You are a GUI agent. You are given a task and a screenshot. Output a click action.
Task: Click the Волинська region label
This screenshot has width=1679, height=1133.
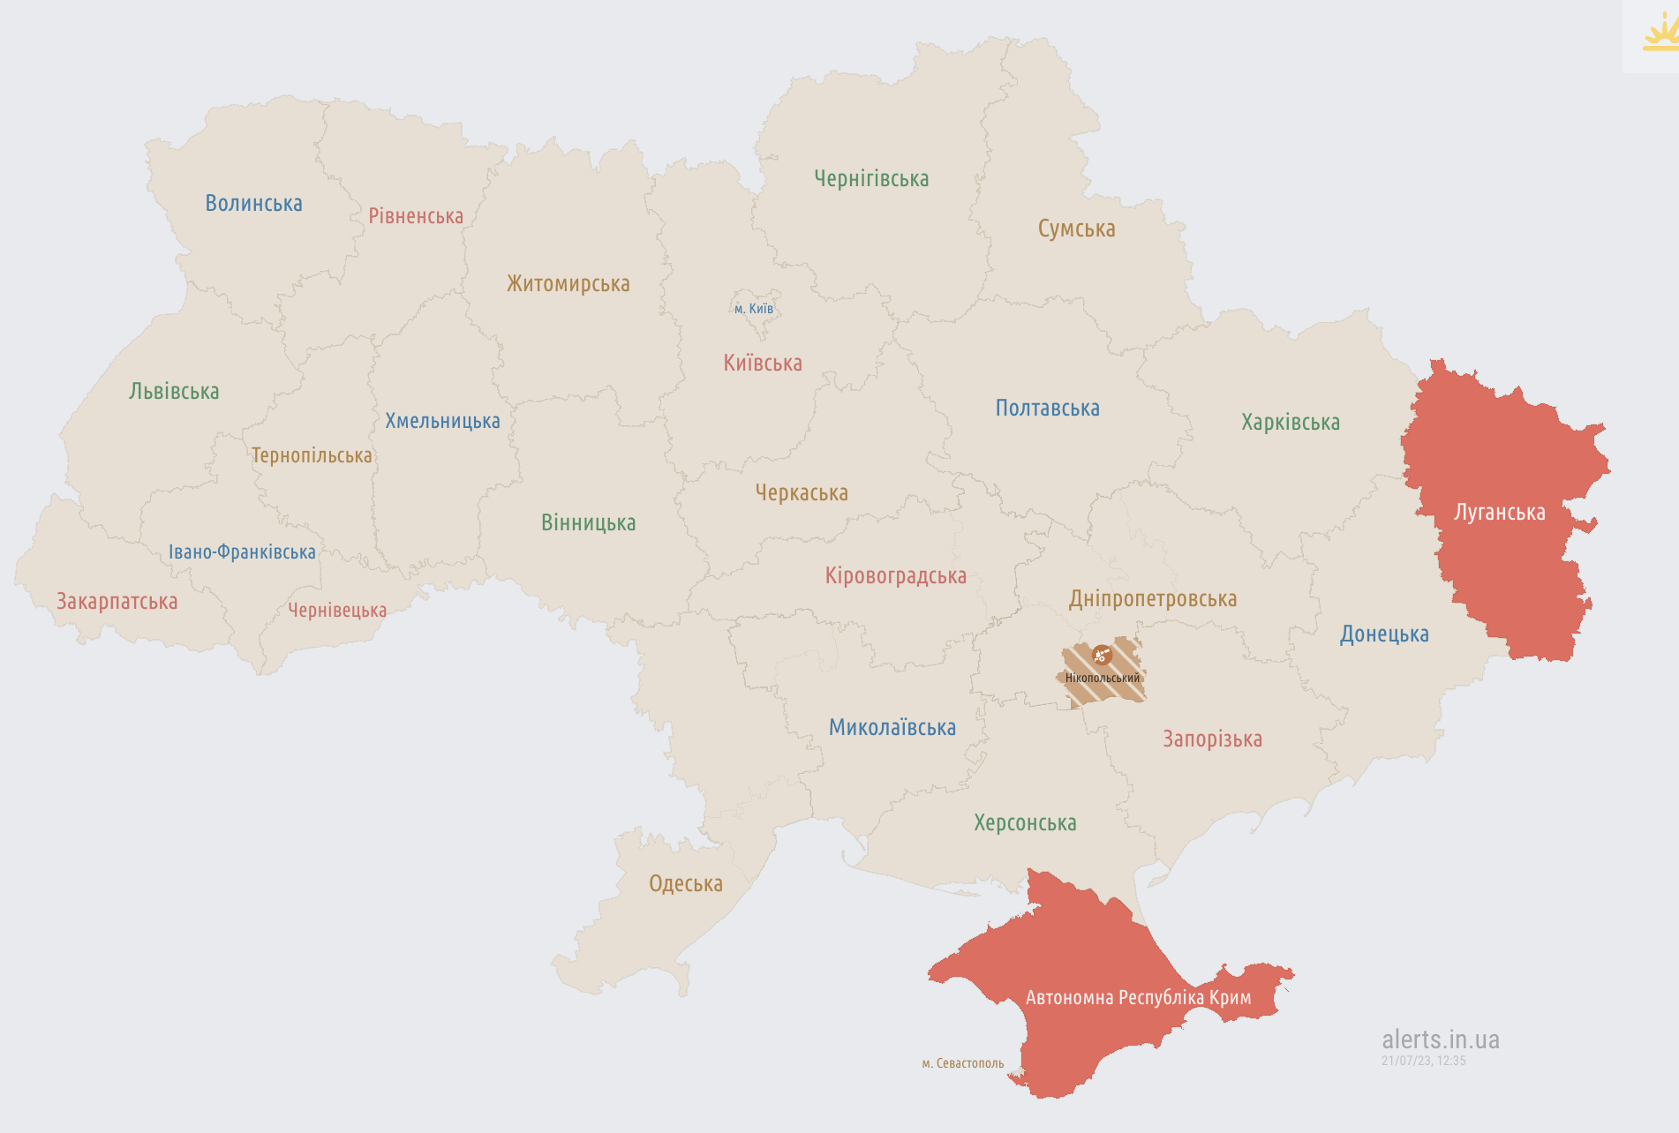[x=253, y=204]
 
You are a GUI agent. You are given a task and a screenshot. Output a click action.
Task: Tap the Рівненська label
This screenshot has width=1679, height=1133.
[x=416, y=216]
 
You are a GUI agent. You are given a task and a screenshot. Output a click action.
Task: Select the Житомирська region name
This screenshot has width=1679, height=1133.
[x=568, y=284]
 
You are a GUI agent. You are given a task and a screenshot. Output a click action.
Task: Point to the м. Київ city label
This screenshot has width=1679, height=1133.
[x=754, y=309]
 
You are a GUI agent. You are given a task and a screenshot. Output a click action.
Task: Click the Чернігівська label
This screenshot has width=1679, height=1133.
[x=871, y=179]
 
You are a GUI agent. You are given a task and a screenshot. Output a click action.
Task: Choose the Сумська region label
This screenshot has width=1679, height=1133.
[x=1076, y=229]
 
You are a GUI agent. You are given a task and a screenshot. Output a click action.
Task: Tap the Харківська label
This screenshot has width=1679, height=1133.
[x=1290, y=423]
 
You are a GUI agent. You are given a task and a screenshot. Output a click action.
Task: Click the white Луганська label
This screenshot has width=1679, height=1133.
[x=1499, y=513]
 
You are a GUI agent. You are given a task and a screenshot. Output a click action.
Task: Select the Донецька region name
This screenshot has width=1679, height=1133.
[x=1383, y=634]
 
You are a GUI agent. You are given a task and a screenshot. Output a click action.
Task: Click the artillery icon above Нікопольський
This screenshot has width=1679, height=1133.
[x=1101, y=655]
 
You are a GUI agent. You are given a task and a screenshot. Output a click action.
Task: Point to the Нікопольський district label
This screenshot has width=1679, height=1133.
[x=1102, y=679]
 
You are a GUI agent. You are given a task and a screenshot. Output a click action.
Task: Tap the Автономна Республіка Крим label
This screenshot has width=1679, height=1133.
[x=1138, y=998]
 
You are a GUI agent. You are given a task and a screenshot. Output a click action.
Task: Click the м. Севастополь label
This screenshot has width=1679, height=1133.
[x=962, y=1063]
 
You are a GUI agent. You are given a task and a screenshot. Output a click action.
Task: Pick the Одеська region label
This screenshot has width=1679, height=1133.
[x=685, y=884]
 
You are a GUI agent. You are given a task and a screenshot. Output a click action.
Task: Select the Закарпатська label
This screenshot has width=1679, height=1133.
[x=117, y=602]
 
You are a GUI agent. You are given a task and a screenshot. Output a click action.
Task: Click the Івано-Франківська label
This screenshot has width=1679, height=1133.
[x=242, y=552]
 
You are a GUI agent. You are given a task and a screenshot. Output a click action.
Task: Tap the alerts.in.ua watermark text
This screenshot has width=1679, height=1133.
[x=1440, y=1039]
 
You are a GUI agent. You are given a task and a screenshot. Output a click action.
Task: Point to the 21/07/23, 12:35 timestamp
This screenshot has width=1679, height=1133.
[x=1423, y=1061]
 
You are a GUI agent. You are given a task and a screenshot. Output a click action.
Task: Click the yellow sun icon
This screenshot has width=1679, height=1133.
[x=1660, y=35]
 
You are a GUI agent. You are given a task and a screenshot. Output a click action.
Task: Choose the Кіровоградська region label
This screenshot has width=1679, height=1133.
[x=895, y=576]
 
